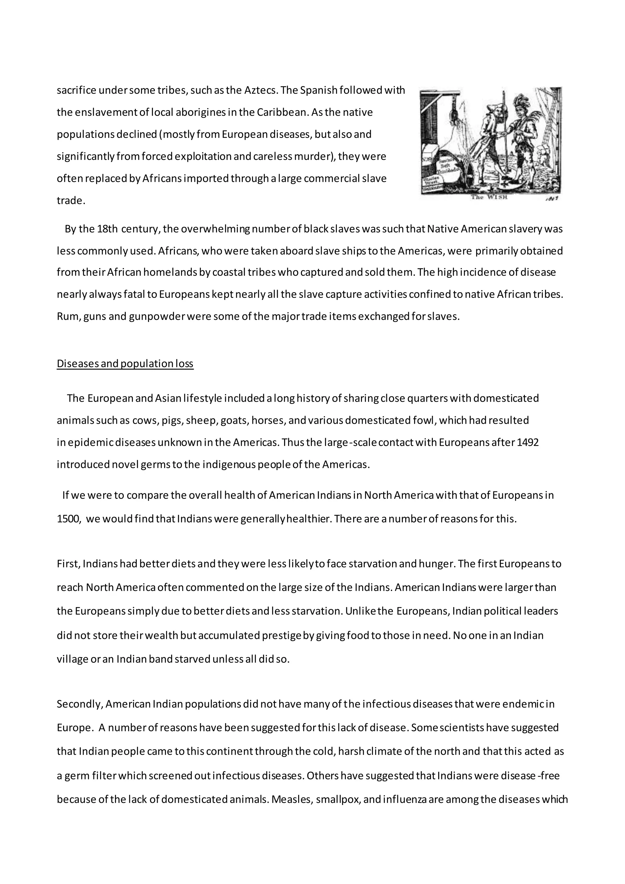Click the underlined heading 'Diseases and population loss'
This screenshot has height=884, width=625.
125,364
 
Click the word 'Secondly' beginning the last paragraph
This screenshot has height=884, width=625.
79,704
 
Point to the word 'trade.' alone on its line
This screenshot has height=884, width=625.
71,201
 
